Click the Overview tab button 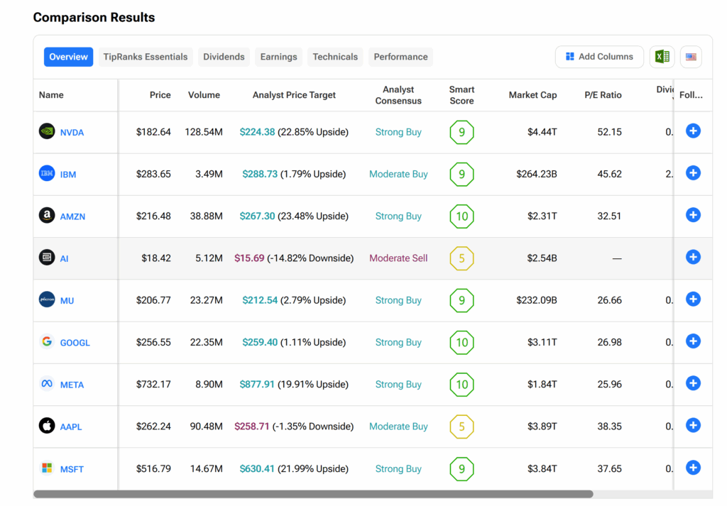(68, 57)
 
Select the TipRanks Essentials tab (146, 57)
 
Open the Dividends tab (224, 57)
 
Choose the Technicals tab (335, 57)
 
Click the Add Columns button (599, 57)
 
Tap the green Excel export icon (662, 57)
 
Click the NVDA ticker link (72, 133)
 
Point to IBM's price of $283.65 (153, 174)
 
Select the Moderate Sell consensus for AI (398, 258)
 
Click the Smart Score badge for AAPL (461, 427)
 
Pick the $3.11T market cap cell (542, 342)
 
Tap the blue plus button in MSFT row (693, 468)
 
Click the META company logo (47, 384)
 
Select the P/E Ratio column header (603, 95)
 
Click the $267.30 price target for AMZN (257, 216)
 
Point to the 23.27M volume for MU (206, 300)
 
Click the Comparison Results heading (94, 17)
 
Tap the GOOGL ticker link (75, 343)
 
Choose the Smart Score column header (461, 95)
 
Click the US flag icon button (691, 57)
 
